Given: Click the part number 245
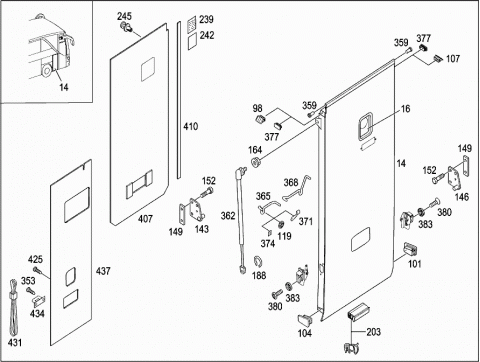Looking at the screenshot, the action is [124, 16].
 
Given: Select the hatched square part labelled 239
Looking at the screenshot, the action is [191, 24].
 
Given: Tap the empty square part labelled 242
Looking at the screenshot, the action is [192, 41].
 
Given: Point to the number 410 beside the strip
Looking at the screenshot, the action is [190, 126].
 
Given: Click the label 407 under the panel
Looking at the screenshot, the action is [145, 219].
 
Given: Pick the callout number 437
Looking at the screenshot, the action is [103, 271].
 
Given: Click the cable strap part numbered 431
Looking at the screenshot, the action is [13, 307].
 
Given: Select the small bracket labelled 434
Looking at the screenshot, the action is [39, 300].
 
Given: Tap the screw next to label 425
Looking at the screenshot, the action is [37, 271].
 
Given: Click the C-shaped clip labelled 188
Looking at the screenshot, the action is [257, 262].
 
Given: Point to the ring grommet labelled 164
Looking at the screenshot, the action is [256, 162].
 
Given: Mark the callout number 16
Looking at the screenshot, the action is [405, 109].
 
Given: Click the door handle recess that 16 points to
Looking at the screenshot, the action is [365, 126].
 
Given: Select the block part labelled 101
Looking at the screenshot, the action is [411, 250].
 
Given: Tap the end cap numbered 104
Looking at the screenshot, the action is [305, 319].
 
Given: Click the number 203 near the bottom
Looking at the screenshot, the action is [373, 332].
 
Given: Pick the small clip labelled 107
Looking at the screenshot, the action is [439, 59].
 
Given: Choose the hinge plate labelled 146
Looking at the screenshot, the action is [454, 178].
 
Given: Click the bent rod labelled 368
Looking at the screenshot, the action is [297, 187].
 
